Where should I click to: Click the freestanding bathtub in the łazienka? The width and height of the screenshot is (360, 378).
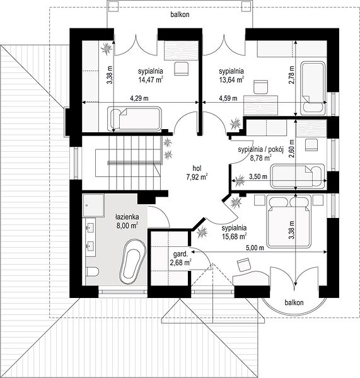click(x=132, y=261)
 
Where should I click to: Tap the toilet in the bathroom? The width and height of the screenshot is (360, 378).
click(x=91, y=272)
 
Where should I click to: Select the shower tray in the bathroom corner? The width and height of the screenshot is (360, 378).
click(x=93, y=205)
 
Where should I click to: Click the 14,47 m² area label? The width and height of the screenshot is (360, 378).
click(x=151, y=79)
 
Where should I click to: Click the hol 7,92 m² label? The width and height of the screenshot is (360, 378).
click(x=197, y=173)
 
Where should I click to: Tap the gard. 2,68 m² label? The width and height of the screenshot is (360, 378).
click(x=180, y=258)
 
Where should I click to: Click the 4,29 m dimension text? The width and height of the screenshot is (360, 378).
click(x=139, y=98)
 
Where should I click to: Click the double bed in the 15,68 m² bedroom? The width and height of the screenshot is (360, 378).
click(x=287, y=221)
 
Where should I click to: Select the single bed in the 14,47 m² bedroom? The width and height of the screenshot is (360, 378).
click(x=134, y=118)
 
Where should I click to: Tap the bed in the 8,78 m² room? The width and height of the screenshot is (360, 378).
click(x=298, y=176)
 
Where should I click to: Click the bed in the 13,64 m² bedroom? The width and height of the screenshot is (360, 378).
click(x=313, y=88)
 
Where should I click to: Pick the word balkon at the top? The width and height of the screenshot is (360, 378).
click(x=180, y=14)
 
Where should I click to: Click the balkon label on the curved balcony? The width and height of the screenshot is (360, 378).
click(x=294, y=302)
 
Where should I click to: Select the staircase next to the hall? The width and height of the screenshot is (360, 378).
click(x=128, y=163)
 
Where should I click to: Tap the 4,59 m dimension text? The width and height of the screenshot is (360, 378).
click(x=228, y=98)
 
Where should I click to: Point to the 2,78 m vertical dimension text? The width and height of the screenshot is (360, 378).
click(x=291, y=75)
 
